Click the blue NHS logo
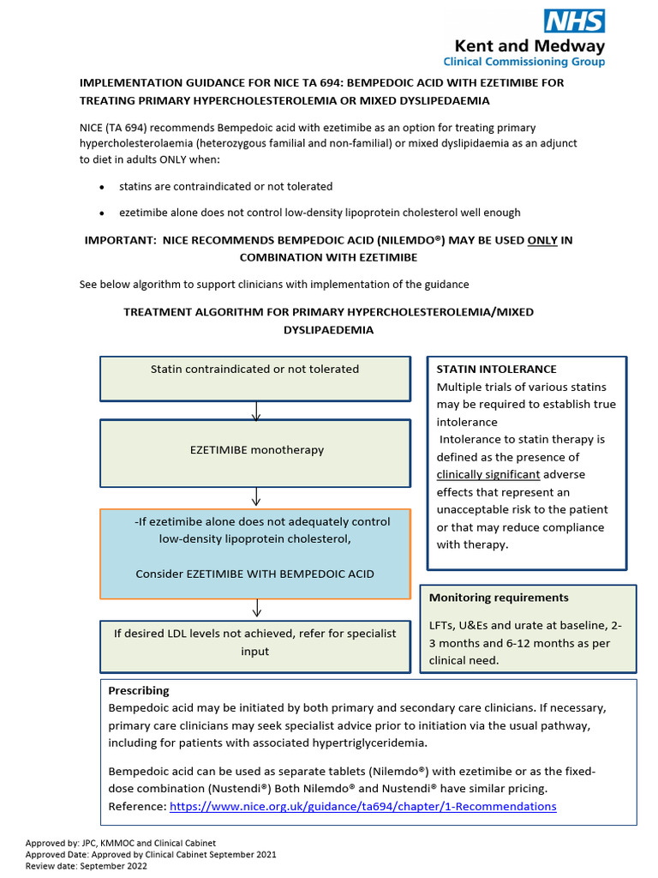coord(575,21)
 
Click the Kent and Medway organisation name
coord(529,46)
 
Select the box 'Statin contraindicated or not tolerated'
coord(254,378)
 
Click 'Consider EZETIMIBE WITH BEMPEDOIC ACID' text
coord(254,574)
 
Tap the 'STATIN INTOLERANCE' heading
coord(490,369)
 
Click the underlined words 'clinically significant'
coord(488,474)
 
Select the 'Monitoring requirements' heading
coord(498,598)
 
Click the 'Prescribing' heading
coord(139,690)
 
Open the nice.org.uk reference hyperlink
coord(362,806)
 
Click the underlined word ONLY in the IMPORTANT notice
coord(541,241)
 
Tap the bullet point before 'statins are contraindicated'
coord(102,187)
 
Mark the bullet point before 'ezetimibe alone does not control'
coord(102,213)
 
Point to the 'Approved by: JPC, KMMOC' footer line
coord(120,843)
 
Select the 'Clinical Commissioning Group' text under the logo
coord(523,62)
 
